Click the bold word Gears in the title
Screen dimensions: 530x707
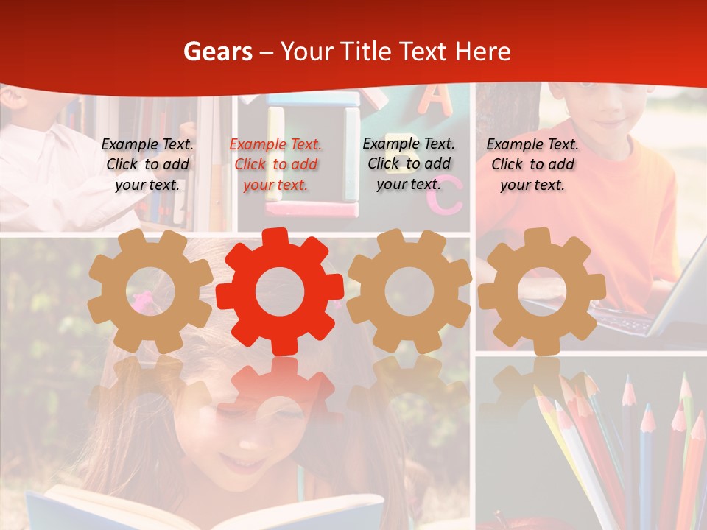(217, 52)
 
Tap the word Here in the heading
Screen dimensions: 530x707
(482, 52)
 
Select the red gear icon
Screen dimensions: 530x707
(280, 291)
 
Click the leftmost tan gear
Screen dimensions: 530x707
(150, 291)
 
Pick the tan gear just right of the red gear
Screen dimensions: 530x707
(409, 291)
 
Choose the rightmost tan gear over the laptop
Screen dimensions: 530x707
(542, 291)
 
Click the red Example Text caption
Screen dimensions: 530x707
(276, 165)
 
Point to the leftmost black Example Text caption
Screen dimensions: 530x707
(147, 165)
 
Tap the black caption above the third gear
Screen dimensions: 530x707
(409, 163)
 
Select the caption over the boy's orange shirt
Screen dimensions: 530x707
(532, 165)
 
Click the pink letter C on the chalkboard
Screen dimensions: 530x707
(449, 199)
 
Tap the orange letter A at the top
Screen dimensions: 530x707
(436, 100)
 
